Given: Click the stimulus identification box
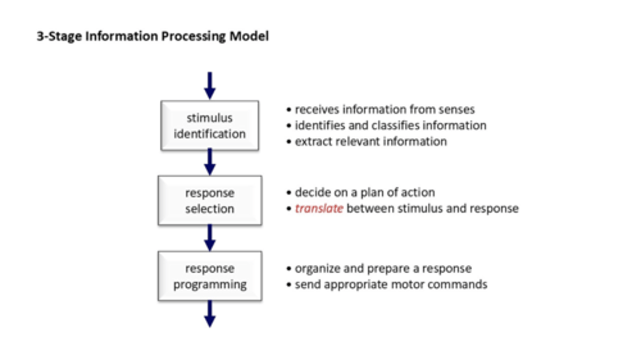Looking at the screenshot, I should (x=210, y=125).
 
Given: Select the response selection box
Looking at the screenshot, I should (x=210, y=200).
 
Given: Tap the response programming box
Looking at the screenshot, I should (x=210, y=276).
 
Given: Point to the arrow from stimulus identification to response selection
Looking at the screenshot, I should (x=210, y=162).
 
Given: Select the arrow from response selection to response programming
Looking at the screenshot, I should (x=210, y=237).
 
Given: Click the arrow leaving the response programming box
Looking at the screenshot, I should (x=210, y=314).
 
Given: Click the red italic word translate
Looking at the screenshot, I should (x=319, y=208).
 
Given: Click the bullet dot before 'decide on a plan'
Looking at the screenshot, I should (x=289, y=193).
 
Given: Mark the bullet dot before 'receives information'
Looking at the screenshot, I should (x=289, y=109).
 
